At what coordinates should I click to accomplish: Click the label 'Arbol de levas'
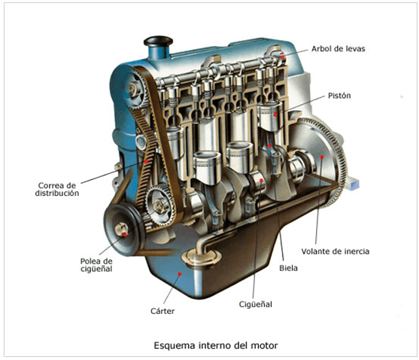(x=338, y=49)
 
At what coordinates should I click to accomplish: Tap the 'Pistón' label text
(x=339, y=96)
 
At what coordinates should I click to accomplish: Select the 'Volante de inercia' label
(x=336, y=252)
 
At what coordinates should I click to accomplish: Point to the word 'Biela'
(x=288, y=268)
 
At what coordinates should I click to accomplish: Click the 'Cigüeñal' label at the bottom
(x=256, y=304)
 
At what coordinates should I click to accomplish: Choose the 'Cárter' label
(x=162, y=311)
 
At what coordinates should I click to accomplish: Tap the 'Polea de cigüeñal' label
(x=96, y=265)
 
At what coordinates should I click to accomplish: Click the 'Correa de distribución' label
(x=57, y=189)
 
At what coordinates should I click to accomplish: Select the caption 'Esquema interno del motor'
(x=216, y=345)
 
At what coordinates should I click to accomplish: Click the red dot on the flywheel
(x=322, y=157)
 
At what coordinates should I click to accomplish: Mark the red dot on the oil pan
(x=180, y=274)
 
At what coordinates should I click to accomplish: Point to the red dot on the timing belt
(x=147, y=161)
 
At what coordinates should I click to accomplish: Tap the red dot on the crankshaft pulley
(x=125, y=234)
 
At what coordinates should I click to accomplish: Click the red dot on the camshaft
(x=282, y=56)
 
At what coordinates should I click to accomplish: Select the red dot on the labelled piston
(x=275, y=114)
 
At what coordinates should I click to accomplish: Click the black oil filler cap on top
(x=158, y=41)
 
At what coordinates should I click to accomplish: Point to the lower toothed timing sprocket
(x=160, y=205)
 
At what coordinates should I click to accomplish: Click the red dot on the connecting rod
(x=269, y=145)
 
